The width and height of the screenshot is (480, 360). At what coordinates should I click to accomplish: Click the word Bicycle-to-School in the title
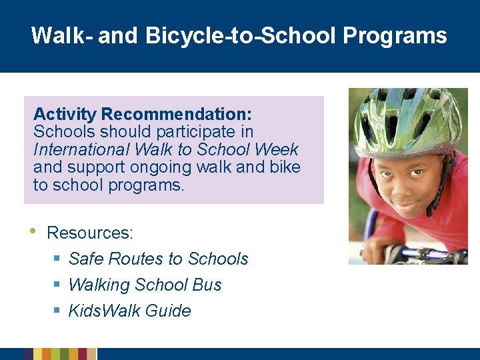(x=241, y=35)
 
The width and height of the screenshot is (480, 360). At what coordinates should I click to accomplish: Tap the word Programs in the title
(x=395, y=35)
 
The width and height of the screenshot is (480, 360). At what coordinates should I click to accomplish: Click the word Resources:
(x=90, y=233)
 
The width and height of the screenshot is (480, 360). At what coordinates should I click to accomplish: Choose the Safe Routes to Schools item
(x=158, y=259)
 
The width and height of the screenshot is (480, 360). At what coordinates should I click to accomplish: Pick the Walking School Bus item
(x=145, y=285)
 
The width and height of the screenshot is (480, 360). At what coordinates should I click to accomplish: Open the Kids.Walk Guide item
(x=129, y=311)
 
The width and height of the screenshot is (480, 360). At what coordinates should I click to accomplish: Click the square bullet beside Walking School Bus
(x=57, y=285)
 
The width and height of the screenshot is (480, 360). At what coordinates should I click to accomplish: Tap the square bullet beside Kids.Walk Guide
(x=57, y=311)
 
